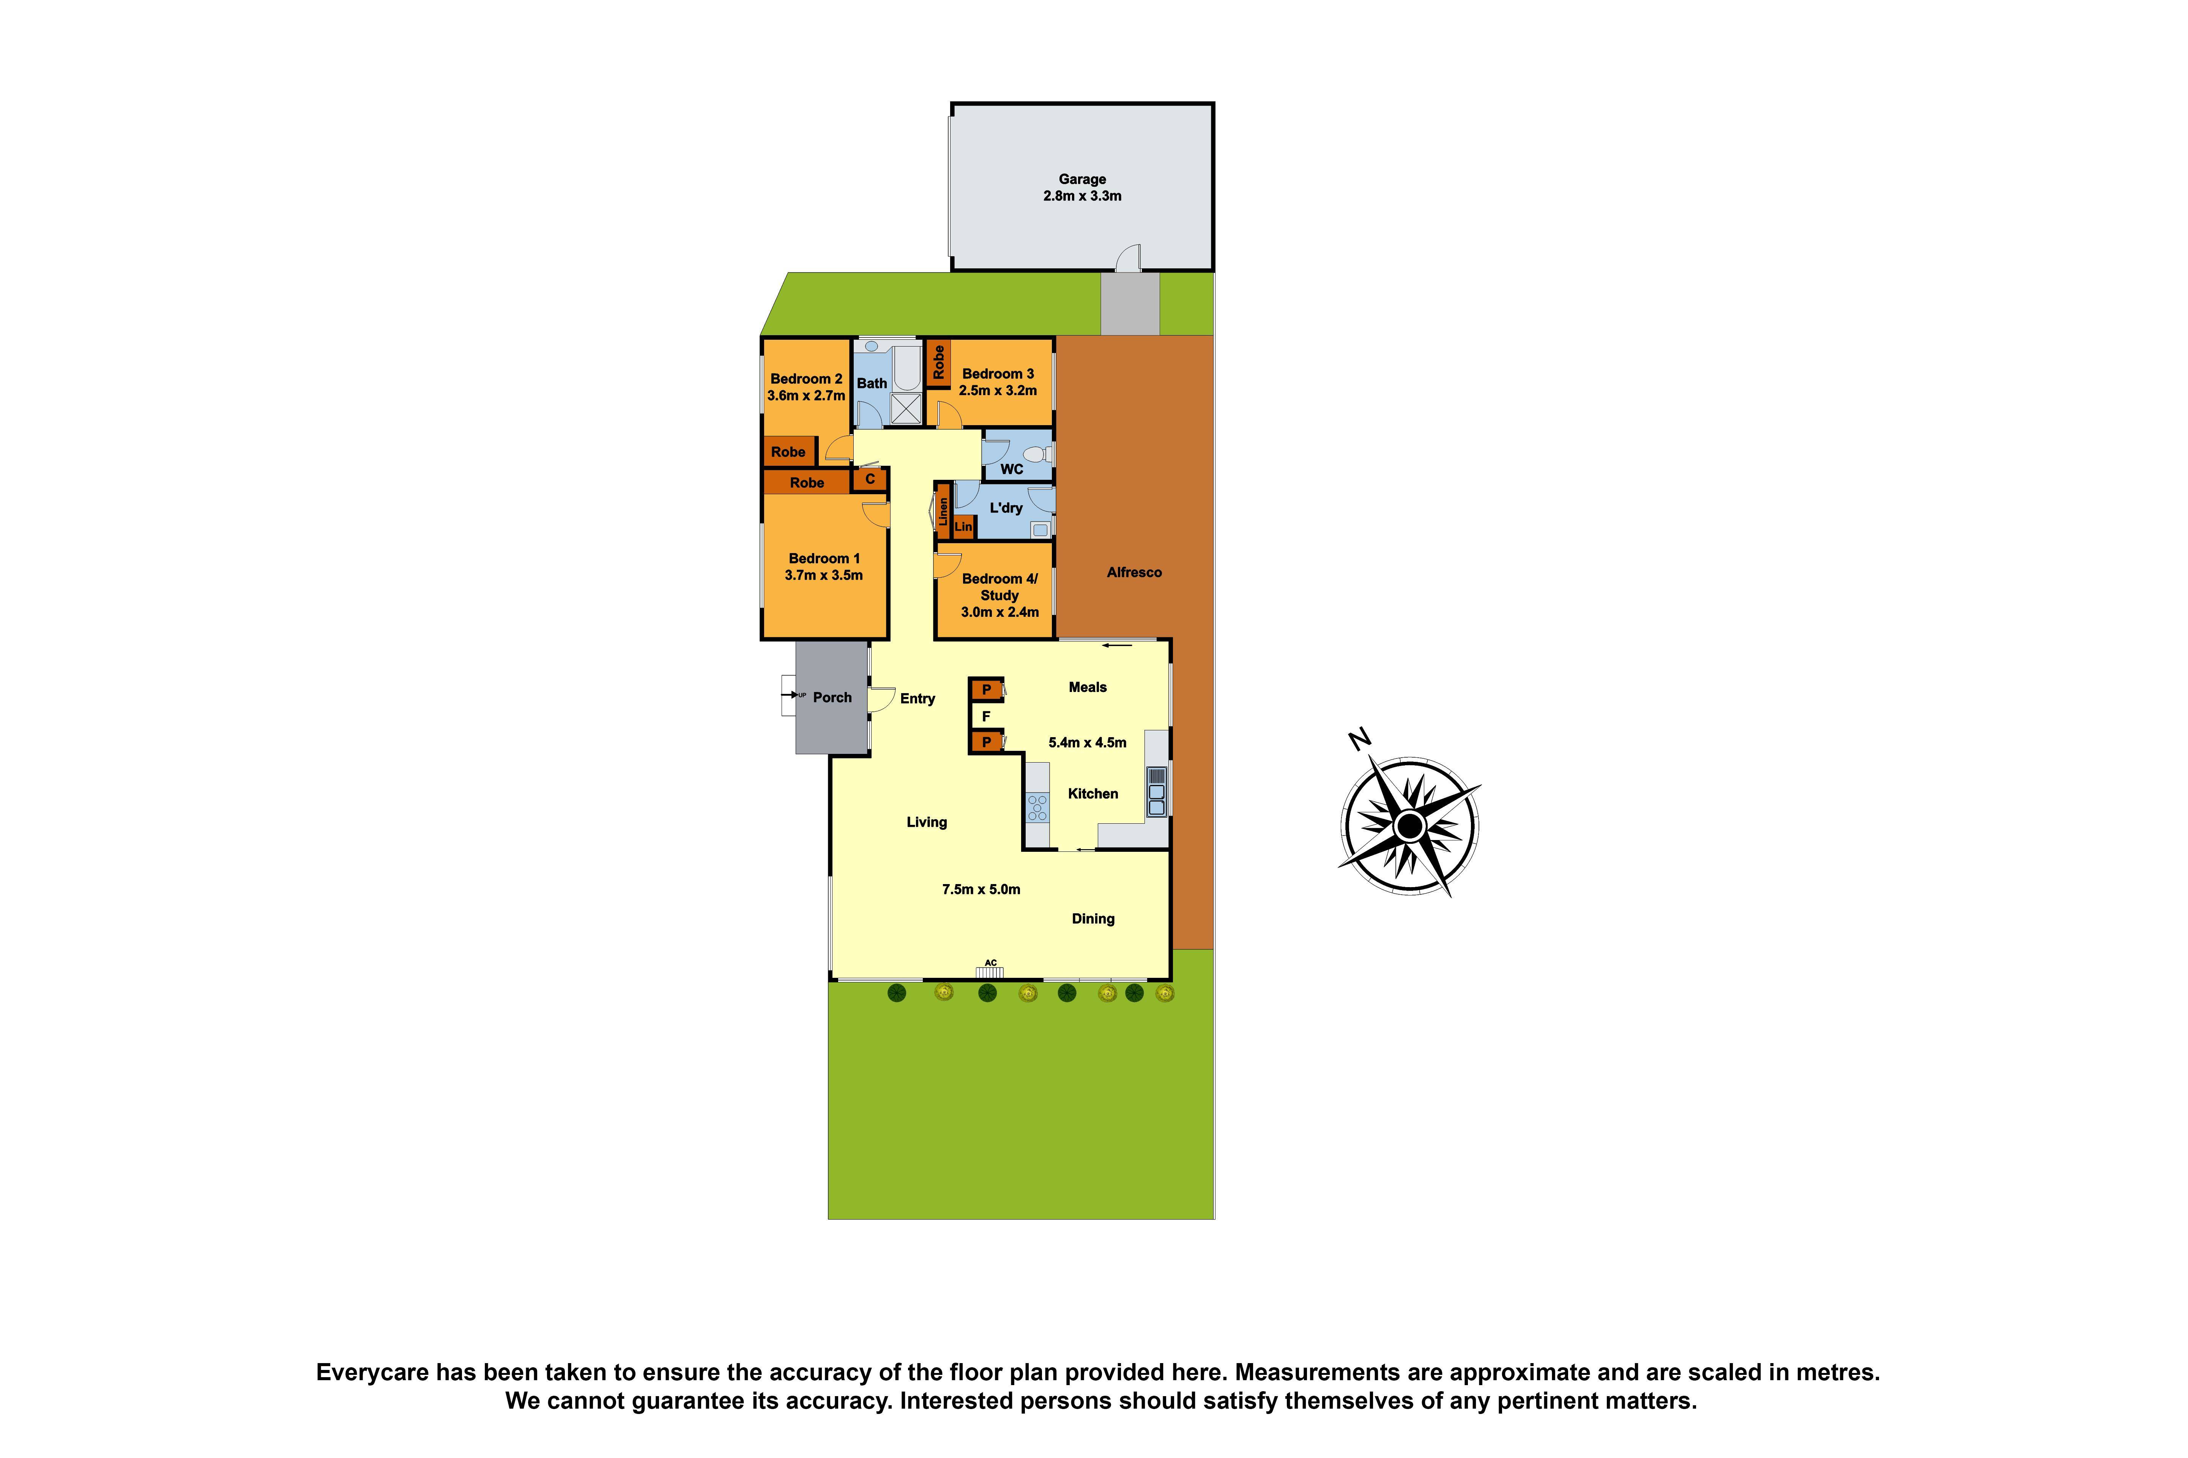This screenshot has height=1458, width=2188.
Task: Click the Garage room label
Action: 1081,178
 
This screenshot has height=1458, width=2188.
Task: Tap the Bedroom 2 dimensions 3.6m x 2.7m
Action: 805,395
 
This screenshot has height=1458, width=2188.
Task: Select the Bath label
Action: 871,383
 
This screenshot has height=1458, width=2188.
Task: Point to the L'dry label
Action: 1005,508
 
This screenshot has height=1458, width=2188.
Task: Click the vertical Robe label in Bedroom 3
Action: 938,362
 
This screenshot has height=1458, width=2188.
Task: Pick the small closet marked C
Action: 869,479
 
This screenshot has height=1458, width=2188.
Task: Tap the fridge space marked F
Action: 986,716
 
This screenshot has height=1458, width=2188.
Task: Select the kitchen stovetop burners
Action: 1037,807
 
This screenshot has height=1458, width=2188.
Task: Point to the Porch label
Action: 831,697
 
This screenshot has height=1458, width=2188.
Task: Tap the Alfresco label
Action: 1133,572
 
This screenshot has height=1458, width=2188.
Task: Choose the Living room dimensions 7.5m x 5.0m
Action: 980,889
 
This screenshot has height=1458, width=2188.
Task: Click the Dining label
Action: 1092,919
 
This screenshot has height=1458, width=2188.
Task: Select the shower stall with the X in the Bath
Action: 906,409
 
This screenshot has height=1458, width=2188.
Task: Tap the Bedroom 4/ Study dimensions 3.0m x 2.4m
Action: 999,612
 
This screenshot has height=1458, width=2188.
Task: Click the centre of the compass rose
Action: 1410,826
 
